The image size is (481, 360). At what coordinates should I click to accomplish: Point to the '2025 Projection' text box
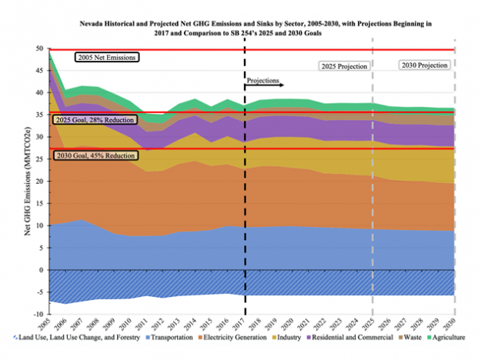tap(344, 66)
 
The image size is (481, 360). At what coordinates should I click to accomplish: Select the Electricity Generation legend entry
tap(256, 340)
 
